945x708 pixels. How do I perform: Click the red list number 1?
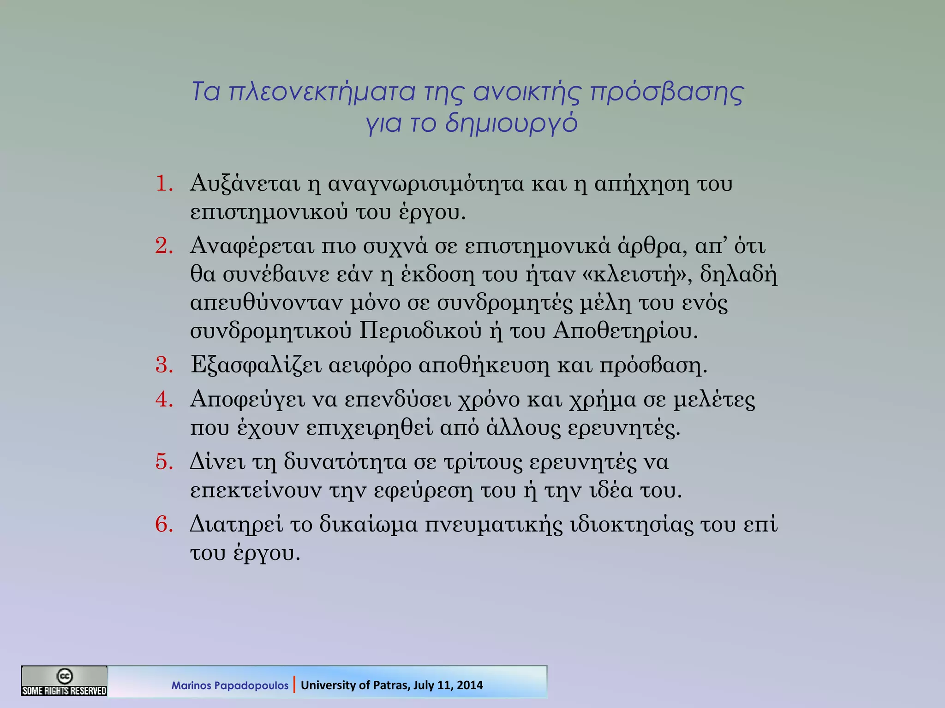(163, 183)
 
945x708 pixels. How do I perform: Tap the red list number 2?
(163, 246)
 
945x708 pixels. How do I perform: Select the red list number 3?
(163, 365)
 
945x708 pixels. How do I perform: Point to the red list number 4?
(163, 399)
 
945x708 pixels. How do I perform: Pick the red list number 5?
(163, 461)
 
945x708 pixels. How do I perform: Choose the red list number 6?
(163, 524)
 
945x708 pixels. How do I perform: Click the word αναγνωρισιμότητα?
(426, 183)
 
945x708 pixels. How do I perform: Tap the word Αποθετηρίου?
(625, 331)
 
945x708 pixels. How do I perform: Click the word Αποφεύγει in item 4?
(248, 399)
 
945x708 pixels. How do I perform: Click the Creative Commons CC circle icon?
(65, 676)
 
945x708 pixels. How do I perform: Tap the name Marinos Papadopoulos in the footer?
(230, 685)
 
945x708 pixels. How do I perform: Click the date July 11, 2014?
(448, 685)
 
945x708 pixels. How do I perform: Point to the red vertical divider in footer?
(294, 684)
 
